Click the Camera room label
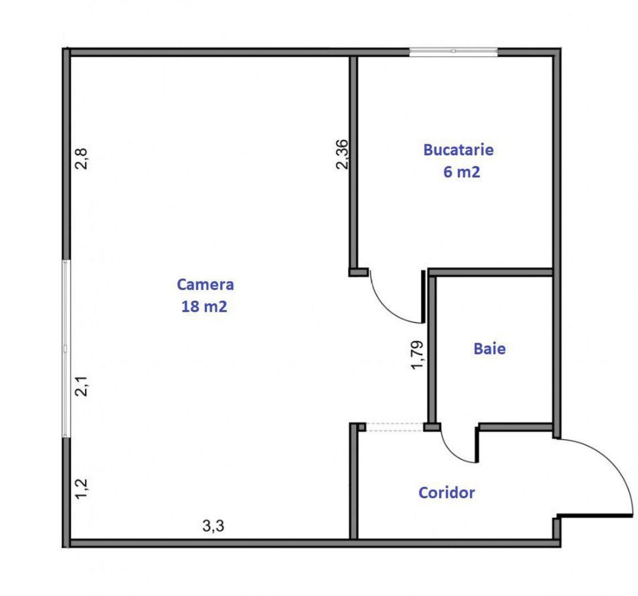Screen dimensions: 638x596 (x=205, y=285)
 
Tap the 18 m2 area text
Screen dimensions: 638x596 (x=204, y=306)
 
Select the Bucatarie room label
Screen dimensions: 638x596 (x=459, y=150)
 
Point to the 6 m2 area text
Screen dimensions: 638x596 (x=462, y=172)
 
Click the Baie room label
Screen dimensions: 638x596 (x=489, y=349)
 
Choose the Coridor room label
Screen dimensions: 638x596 (x=447, y=493)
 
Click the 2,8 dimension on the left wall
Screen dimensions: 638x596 (x=81, y=159)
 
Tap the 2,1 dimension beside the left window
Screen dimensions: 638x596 (x=81, y=386)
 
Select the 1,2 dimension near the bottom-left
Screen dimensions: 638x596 (x=81, y=488)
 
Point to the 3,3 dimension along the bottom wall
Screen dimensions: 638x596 (x=213, y=526)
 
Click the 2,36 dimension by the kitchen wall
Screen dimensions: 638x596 (x=342, y=154)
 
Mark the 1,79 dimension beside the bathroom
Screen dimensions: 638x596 (x=417, y=355)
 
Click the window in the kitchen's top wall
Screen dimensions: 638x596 (x=453, y=51)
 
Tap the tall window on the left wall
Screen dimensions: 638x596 (x=66, y=348)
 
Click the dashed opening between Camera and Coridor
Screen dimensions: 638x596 (x=394, y=427)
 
